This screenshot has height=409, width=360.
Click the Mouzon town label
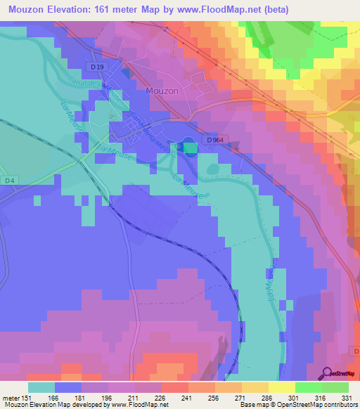click(x=162, y=91)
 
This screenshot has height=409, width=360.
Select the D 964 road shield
click(x=216, y=141)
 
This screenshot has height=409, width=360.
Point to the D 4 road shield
click(x=8, y=181)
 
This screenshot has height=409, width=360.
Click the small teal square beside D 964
click(x=188, y=147)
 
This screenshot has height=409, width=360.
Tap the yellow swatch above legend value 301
click(x=281, y=387)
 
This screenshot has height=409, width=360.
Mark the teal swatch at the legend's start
click(x=41, y=387)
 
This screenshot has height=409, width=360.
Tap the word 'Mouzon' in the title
click(x=27, y=9)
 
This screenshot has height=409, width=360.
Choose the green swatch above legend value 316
click(x=308, y=387)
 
